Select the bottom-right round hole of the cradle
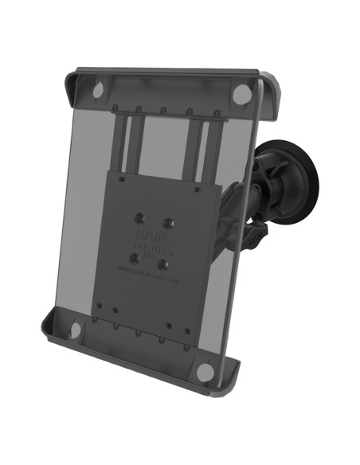click(x=205, y=370)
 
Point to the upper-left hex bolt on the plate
click(x=140, y=214)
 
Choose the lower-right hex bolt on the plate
click(x=163, y=264)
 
